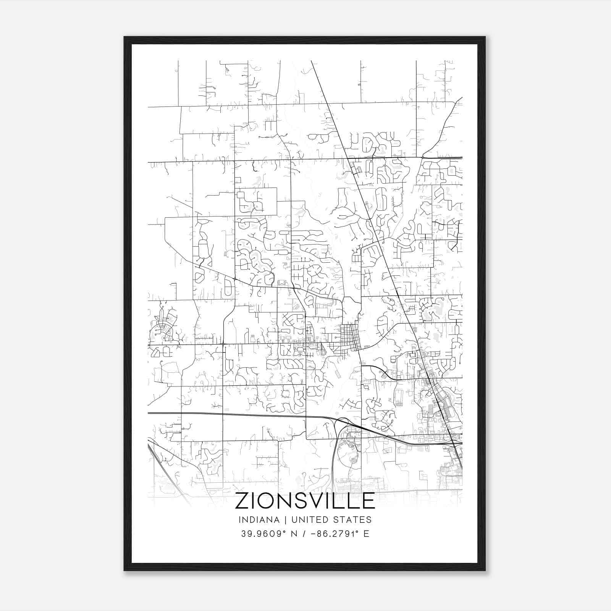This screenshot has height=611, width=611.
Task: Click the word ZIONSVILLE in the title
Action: (x=305, y=501)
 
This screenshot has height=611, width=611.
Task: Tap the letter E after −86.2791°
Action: (x=366, y=534)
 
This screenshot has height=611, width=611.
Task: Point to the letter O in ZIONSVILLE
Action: (x=270, y=501)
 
